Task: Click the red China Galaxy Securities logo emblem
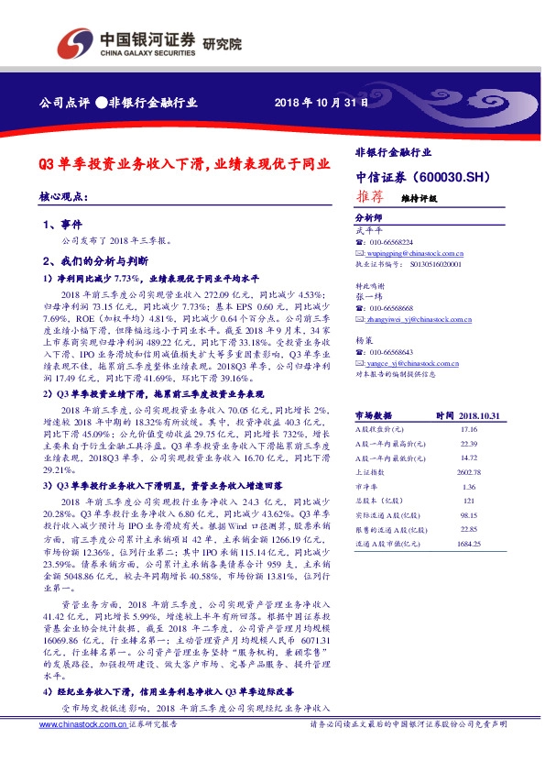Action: pyautogui.click(x=76, y=43)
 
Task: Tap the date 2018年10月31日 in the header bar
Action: pyautogui.click(x=322, y=104)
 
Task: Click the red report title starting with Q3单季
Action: pyautogui.click(x=183, y=165)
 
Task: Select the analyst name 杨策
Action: pyautogui.click(x=363, y=339)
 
